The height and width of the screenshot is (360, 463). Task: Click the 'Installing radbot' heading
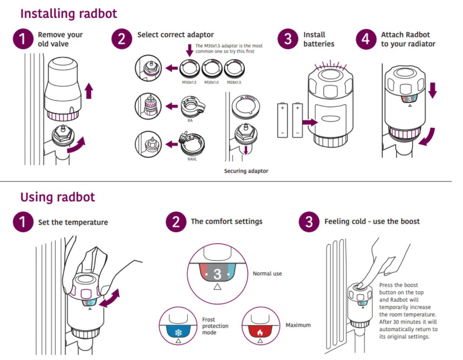69,14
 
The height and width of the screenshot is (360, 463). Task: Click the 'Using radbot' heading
57,197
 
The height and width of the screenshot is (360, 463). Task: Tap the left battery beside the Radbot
282,120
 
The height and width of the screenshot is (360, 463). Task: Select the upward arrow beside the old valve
89,92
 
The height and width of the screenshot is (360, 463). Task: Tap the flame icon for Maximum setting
260,331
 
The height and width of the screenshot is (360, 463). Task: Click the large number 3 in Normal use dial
217,274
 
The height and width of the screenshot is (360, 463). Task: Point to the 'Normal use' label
267,274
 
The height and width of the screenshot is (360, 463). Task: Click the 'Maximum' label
298,325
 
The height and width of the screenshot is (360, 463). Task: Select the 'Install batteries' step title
319,39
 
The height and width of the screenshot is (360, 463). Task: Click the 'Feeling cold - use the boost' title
372,222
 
